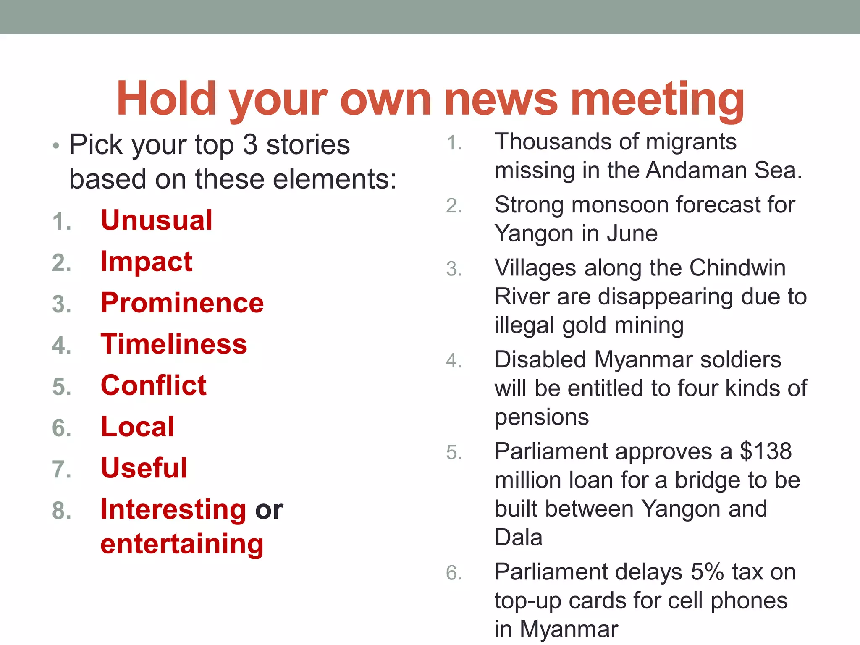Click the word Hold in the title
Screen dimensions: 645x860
[166, 99]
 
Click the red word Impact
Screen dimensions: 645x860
[146, 262]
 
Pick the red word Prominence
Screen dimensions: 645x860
[182, 303]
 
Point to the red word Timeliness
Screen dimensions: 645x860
[174, 344]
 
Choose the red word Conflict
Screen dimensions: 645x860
[154, 385]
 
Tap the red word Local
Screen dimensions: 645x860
[137, 427]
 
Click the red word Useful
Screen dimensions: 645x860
[144, 468]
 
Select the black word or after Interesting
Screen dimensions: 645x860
[269, 510]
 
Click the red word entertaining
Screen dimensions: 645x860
[182, 544]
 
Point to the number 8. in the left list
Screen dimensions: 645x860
[62, 511]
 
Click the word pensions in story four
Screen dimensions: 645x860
[542, 417]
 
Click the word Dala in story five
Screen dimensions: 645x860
[518, 537]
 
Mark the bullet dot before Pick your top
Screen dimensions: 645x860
[56, 147]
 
